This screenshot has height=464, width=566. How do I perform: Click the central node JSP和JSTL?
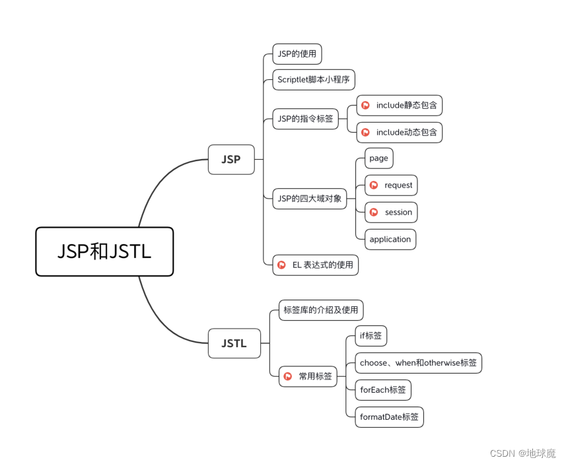coord(104,251)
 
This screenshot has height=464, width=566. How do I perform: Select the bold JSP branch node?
coord(231,159)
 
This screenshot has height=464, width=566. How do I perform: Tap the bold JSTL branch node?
coord(234,343)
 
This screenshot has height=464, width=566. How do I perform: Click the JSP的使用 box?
coord(297,54)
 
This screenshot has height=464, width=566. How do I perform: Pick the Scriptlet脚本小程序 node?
coord(314,80)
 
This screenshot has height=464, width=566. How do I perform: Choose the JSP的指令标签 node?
coord(305,119)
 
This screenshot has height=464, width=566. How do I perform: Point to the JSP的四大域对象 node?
coord(310,198)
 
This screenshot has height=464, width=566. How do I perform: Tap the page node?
coord(379,158)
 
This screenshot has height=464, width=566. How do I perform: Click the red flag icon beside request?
coord(374,185)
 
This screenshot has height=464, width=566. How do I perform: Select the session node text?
coord(398,212)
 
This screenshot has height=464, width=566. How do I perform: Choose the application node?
coord(390,239)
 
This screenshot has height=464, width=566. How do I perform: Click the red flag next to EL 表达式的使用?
coord(282,265)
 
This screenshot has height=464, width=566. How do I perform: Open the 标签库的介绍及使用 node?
coord(320,310)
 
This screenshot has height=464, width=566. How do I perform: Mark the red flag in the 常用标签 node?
coord(288,376)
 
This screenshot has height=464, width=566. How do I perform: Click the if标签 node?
coord(371,335)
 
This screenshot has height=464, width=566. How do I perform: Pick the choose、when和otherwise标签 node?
coord(418,362)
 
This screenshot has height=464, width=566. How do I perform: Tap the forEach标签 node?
coord(383,389)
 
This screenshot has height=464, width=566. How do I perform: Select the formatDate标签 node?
coord(389,416)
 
